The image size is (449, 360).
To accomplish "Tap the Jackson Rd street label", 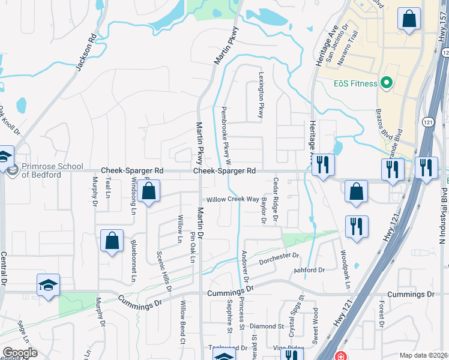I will click(x=86, y=52).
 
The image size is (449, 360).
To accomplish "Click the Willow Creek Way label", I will click(x=233, y=199).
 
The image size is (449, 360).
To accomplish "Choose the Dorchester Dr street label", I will click(x=279, y=259).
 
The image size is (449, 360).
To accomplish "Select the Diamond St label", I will click(x=267, y=326).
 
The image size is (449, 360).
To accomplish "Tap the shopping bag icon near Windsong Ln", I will click(x=148, y=191).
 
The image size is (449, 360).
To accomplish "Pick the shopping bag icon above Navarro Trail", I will click(x=409, y=19).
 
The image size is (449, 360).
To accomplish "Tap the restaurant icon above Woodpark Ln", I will click(x=357, y=227).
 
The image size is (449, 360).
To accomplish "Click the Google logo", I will click(x=20, y=353).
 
